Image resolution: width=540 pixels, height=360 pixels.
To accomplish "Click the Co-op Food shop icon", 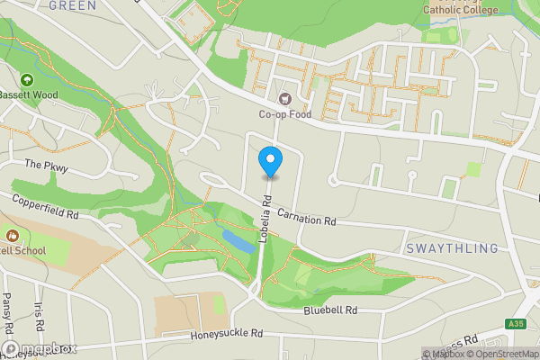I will [285, 98].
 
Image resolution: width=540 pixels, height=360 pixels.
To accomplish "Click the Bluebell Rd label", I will [330, 310].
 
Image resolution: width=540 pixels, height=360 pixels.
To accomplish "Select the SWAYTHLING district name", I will [452, 248].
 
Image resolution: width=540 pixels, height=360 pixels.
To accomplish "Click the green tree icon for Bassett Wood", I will [27, 79].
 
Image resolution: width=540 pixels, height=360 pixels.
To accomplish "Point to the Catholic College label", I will [461, 11].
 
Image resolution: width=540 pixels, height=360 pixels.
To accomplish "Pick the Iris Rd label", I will [38, 314].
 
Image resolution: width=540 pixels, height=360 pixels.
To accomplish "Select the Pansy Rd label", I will [6, 310].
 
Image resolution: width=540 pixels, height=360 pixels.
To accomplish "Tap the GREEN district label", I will [72, 5].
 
